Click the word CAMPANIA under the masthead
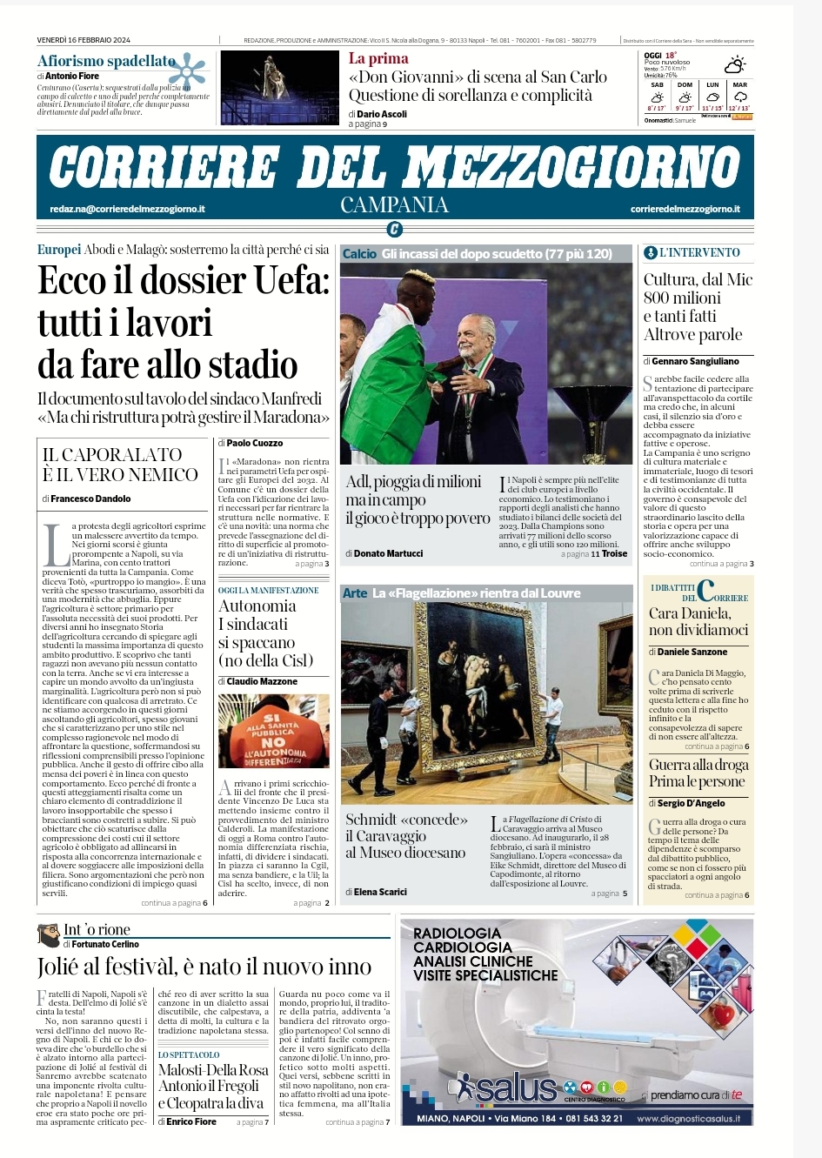click(394, 205)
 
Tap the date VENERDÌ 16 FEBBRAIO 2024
click(84, 40)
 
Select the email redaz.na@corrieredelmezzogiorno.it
click(128, 209)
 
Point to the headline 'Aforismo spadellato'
click(106, 61)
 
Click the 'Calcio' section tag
click(359, 254)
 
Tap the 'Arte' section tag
click(355, 593)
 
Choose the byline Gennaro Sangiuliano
click(695, 361)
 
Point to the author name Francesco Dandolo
click(90, 499)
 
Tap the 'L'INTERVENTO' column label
click(698, 252)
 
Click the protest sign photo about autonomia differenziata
click(273, 731)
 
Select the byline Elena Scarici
click(380, 892)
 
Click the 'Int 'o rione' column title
click(97, 930)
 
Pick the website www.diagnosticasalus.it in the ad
click(688, 1119)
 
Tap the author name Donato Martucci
click(389, 553)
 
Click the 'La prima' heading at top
click(378, 58)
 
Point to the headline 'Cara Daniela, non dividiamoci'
click(698, 621)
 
